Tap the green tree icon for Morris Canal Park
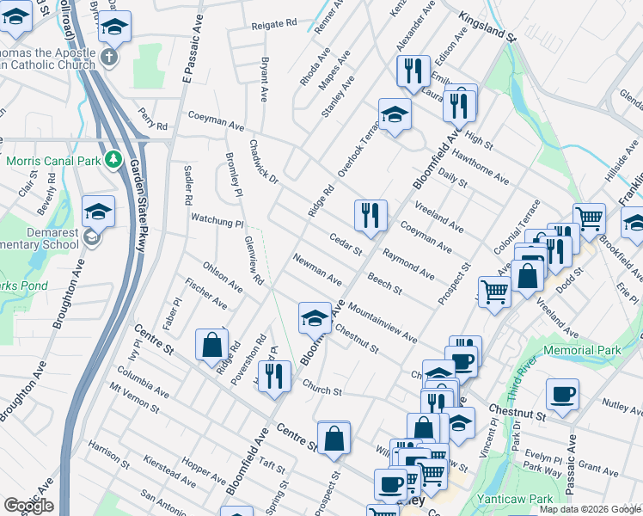(113, 160)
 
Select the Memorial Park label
(589, 351)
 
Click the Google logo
(28, 506)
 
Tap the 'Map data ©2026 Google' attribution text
(590, 509)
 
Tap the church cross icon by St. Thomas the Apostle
(107, 58)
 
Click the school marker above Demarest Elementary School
(99, 212)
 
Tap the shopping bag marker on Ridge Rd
(211, 346)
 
